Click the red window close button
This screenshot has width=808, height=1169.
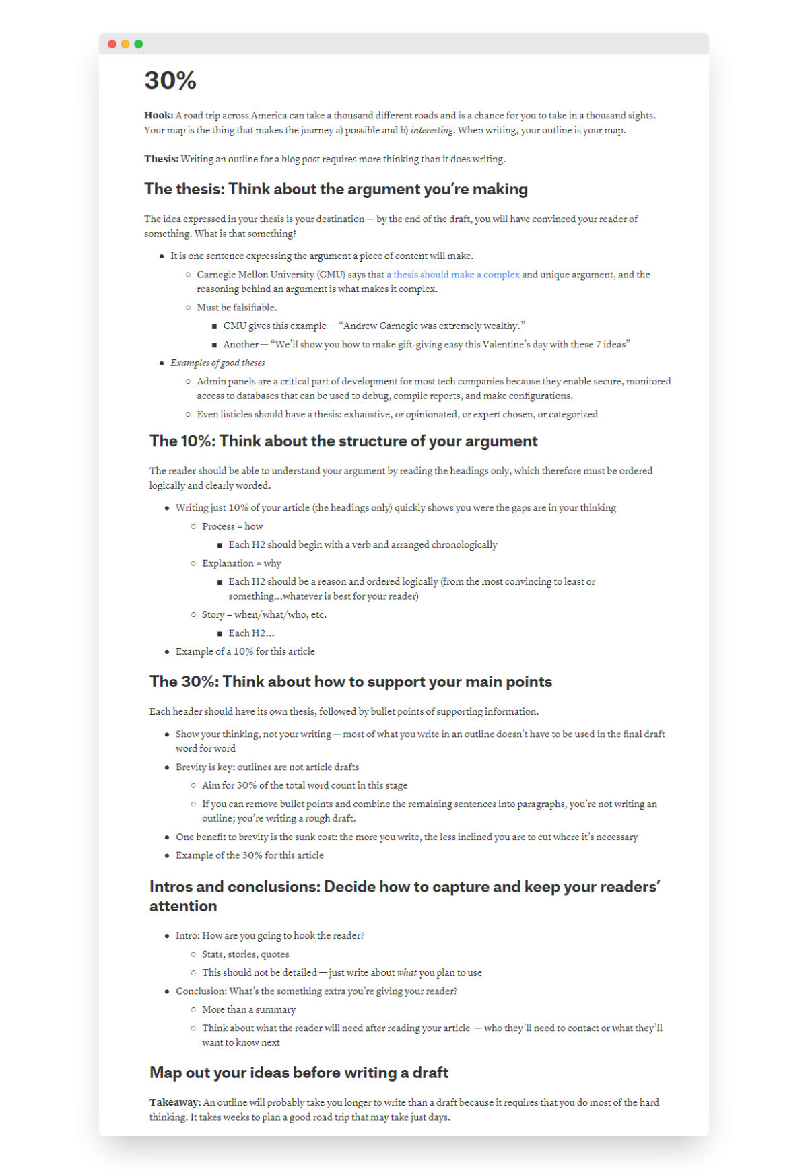(x=112, y=44)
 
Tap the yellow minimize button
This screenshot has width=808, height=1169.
(x=125, y=44)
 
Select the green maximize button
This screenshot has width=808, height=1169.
(x=139, y=44)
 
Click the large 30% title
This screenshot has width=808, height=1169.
(x=170, y=81)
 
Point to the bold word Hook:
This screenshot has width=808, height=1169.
(x=158, y=116)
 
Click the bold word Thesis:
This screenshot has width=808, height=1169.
(x=161, y=160)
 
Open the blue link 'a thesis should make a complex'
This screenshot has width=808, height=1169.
(x=453, y=275)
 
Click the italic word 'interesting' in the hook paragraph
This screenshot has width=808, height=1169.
(x=432, y=131)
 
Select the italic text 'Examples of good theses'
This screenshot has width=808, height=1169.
(x=217, y=363)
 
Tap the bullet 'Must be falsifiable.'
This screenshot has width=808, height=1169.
(x=237, y=308)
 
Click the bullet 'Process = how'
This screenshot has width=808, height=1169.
(x=232, y=526)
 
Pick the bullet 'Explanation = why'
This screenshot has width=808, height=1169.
(x=242, y=563)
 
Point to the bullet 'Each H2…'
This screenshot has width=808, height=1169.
(x=251, y=633)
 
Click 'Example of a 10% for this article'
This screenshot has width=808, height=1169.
(x=245, y=651)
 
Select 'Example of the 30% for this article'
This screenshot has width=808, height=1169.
(x=250, y=855)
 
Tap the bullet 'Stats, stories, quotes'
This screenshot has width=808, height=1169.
(x=246, y=954)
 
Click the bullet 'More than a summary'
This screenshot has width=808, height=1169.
(x=248, y=1009)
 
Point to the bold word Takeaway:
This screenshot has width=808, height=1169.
(x=174, y=1102)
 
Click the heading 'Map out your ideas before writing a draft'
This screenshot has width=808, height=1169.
(x=299, y=1073)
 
